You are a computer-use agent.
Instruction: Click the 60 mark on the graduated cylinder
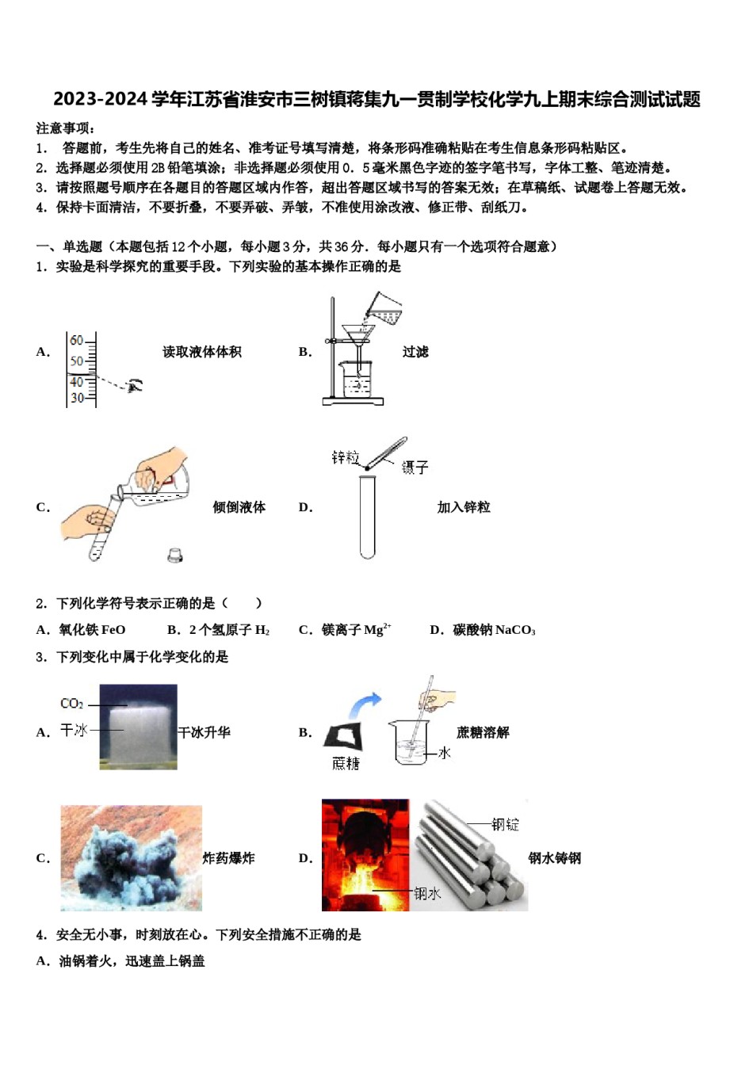[76, 341]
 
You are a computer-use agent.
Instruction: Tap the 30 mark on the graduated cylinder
[76, 398]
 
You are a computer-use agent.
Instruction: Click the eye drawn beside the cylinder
[136, 385]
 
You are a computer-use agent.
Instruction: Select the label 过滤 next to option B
[415, 352]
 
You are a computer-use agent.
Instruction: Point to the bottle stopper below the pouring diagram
[175, 555]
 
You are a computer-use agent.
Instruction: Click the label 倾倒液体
[239, 507]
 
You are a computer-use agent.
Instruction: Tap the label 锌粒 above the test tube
[345, 457]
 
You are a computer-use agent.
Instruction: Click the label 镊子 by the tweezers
[415, 468]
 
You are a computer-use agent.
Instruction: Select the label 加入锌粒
[464, 507]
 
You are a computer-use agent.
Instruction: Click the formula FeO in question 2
[112, 630]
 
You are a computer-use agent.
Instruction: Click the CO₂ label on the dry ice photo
[72, 703]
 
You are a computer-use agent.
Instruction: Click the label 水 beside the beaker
[445, 752]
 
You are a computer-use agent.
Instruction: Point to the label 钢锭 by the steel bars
[505, 824]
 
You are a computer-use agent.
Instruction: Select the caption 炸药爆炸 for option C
[229, 858]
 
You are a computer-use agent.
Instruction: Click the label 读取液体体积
[202, 352]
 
